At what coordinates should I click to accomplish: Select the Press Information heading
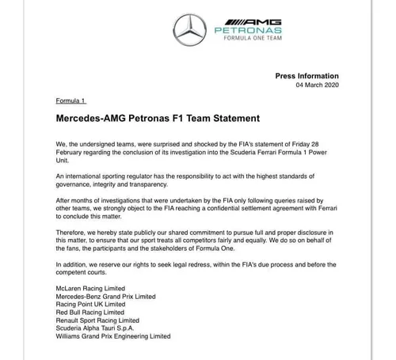coord(307,76)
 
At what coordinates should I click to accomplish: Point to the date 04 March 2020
coord(317,85)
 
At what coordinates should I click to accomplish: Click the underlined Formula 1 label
coord(71,101)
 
